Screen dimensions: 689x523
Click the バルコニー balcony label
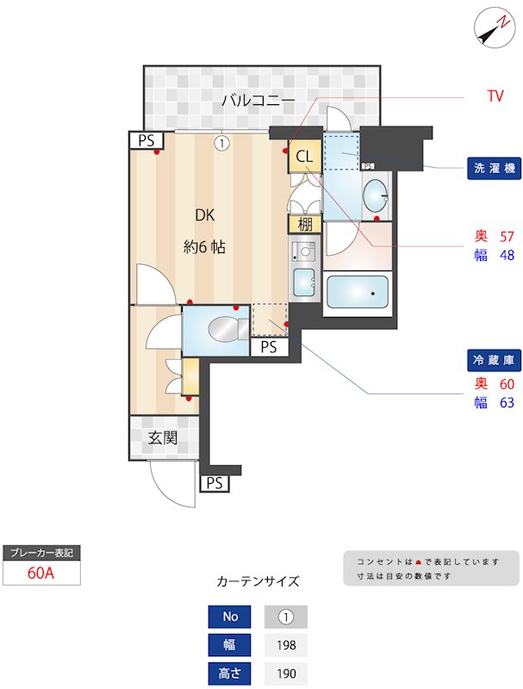[258, 101]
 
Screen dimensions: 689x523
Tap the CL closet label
[304, 157]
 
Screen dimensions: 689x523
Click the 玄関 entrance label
[161, 438]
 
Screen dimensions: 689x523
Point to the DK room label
[204, 215]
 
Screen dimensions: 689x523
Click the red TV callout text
[495, 96]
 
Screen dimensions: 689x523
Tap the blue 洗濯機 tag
[495, 169]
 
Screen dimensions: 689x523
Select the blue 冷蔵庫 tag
[495, 359]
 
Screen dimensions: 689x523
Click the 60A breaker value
[41, 573]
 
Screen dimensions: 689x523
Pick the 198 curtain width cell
[285, 644]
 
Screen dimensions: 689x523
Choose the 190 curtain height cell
[285, 673]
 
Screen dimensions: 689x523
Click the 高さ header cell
[229, 673]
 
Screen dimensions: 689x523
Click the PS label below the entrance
[215, 483]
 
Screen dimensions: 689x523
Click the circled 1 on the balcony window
[222, 143]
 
